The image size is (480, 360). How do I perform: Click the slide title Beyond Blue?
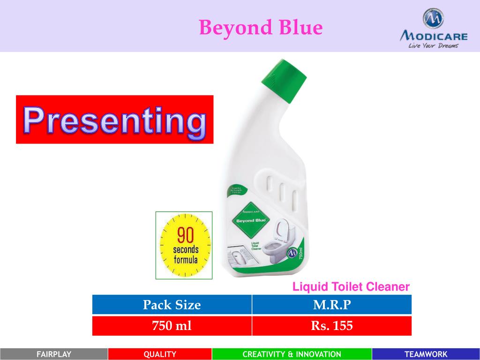tap(261, 28)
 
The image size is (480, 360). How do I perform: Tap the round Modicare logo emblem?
tap(434, 18)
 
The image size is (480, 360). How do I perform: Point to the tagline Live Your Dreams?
tap(432, 46)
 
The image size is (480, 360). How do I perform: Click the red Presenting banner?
tap(115, 120)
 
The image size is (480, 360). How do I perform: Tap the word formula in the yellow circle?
tap(186, 259)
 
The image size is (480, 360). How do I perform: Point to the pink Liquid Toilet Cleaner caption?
tap(351, 286)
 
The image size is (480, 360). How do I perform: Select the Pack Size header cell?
tap(172, 305)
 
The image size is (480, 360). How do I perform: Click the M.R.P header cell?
tap(332, 305)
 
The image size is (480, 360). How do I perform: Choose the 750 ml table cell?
tap(172, 326)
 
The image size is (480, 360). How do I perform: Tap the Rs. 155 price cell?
tap(332, 326)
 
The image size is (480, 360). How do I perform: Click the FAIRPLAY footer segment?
tap(54, 354)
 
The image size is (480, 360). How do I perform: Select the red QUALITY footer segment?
tap(160, 354)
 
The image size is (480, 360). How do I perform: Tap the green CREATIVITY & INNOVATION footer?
tap(292, 354)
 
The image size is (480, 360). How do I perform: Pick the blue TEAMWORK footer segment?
tap(426, 354)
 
